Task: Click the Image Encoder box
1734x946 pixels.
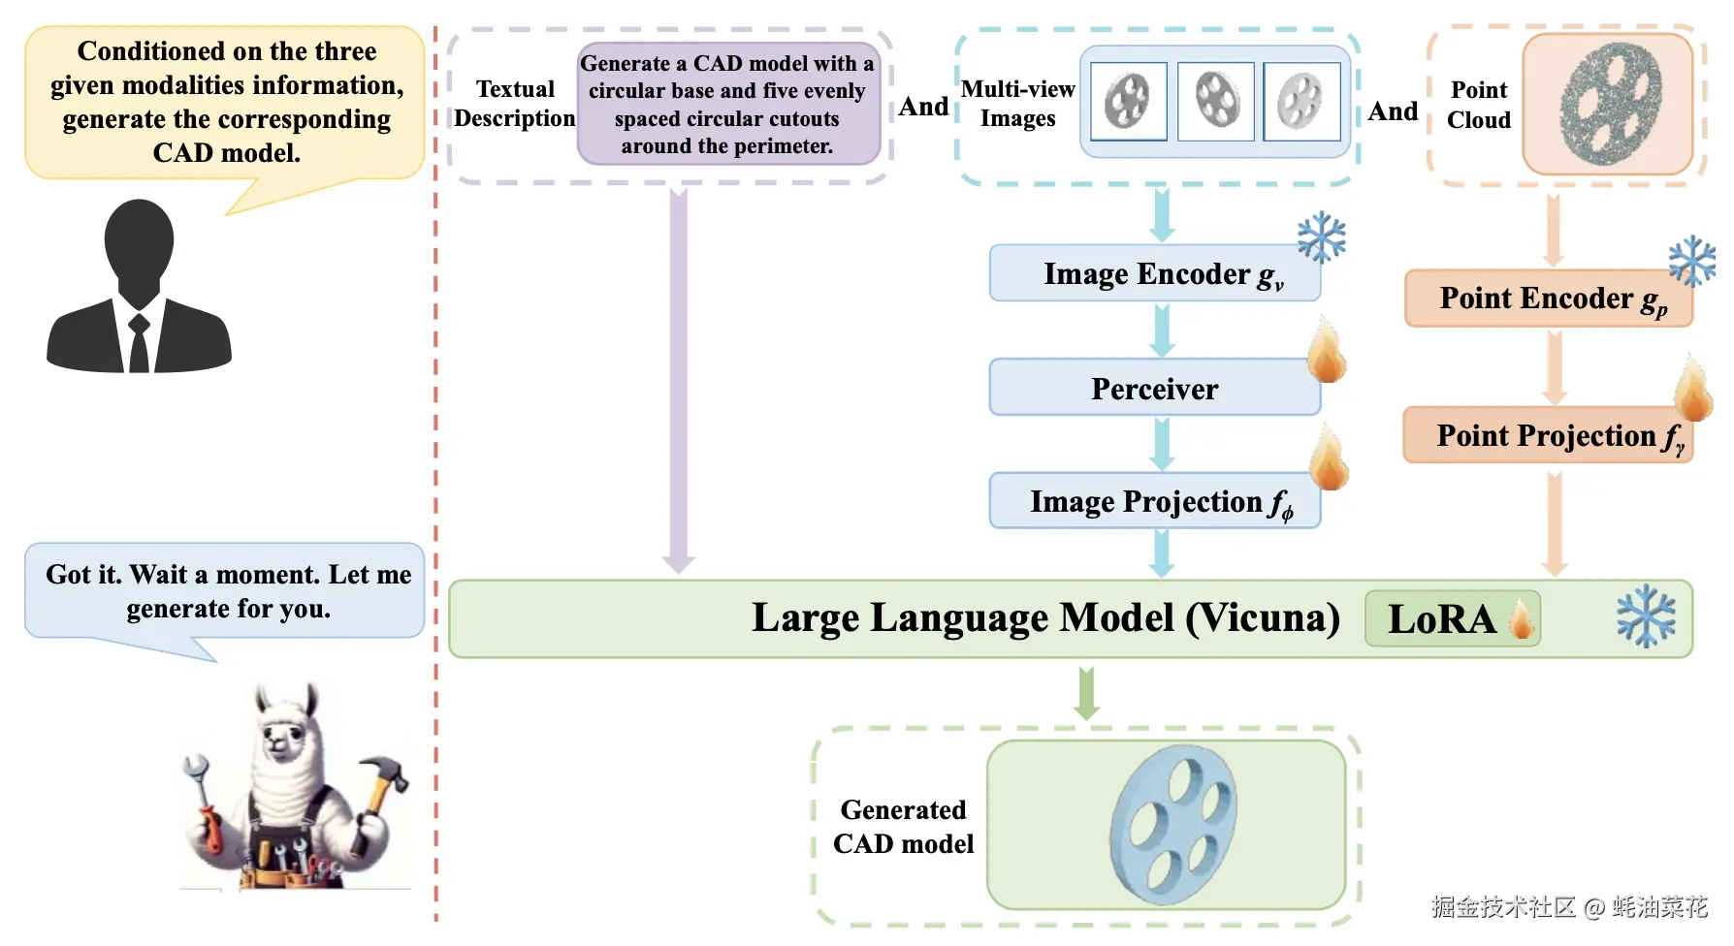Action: (1154, 273)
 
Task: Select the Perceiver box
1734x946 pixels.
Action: (1154, 388)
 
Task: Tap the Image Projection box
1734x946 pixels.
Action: (1154, 501)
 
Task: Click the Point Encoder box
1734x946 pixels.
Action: (1548, 299)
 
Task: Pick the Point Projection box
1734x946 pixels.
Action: (1548, 435)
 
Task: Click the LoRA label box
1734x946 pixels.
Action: (1452, 618)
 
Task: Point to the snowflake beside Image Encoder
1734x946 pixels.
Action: (1322, 238)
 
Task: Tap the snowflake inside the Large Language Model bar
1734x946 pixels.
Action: (1646, 616)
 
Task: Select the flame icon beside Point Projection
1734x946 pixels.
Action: (1693, 390)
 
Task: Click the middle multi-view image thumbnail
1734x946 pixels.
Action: (1215, 101)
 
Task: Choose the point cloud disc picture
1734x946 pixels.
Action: (1607, 104)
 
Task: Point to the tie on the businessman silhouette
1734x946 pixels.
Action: (139, 344)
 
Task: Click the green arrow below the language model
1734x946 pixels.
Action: (1086, 693)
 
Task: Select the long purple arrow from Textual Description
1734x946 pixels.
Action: (678, 378)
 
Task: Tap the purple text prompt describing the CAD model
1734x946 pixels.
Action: (727, 104)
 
